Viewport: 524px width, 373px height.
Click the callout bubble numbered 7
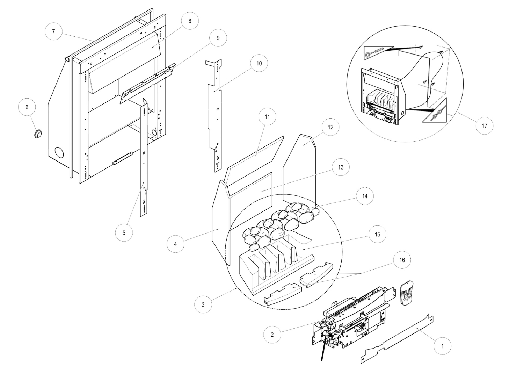click(53, 31)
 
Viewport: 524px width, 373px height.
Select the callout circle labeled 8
click(190, 21)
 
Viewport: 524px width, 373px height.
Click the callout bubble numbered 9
click(218, 38)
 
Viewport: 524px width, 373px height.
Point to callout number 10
click(259, 64)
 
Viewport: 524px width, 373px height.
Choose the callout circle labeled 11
click(267, 117)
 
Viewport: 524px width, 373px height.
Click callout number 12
click(330, 127)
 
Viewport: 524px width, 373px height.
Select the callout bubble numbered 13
click(341, 167)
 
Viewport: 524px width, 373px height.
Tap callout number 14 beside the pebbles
click(365, 196)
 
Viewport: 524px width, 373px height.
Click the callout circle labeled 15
click(377, 234)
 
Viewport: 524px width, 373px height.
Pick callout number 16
click(402, 260)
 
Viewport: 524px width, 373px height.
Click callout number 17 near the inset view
click(485, 126)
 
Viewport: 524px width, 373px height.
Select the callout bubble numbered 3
click(203, 304)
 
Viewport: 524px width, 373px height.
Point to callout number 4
click(175, 244)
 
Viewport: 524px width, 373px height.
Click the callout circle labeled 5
click(124, 232)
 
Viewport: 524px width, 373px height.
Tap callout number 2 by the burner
click(272, 335)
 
